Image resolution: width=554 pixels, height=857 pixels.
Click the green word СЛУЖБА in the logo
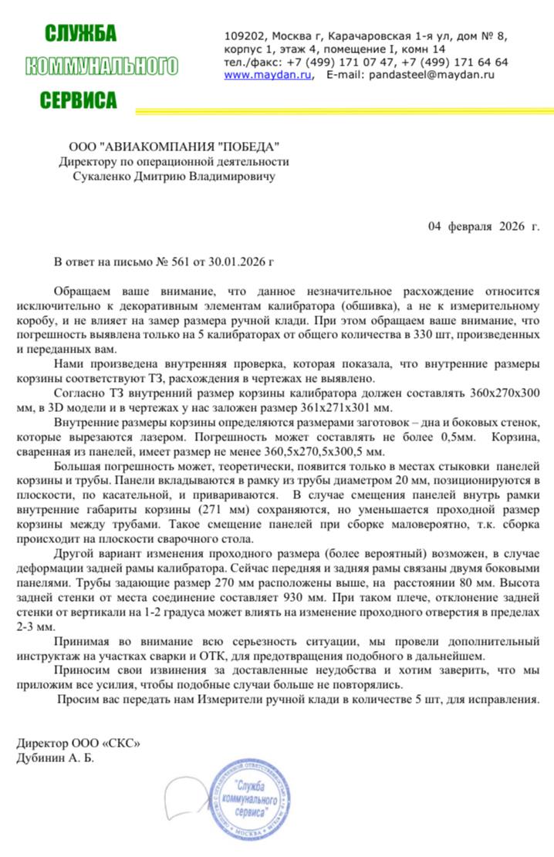(x=80, y=33)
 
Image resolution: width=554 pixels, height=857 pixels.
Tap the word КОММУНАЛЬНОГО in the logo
(x=102, y=66)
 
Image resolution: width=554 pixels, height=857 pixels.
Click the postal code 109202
(x=245, y=35)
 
